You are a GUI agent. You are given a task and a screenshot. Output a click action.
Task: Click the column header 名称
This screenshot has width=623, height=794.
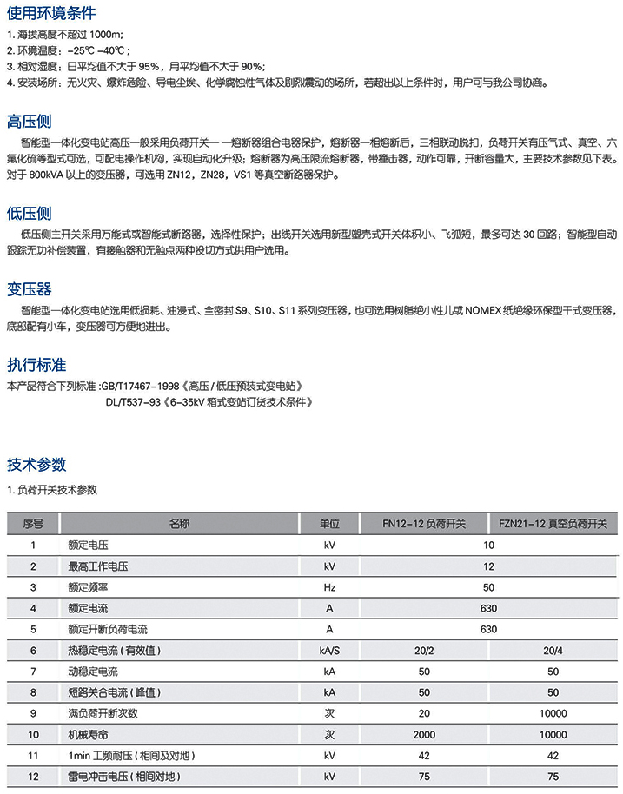(179, 524)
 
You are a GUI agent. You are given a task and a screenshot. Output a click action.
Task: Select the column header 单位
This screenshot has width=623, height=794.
(329, 524)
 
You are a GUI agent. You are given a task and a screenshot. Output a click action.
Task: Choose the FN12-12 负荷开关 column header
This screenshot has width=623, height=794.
(424, 524)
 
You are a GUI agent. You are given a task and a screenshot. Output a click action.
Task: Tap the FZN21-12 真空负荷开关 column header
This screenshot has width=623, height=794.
(553, 524)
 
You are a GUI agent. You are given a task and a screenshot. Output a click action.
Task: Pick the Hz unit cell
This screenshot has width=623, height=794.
(329, 587)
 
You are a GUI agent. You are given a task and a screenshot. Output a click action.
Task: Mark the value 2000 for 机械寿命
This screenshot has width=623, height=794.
(424, 734)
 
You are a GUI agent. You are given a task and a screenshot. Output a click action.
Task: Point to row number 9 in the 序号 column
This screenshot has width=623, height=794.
(34, 713)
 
